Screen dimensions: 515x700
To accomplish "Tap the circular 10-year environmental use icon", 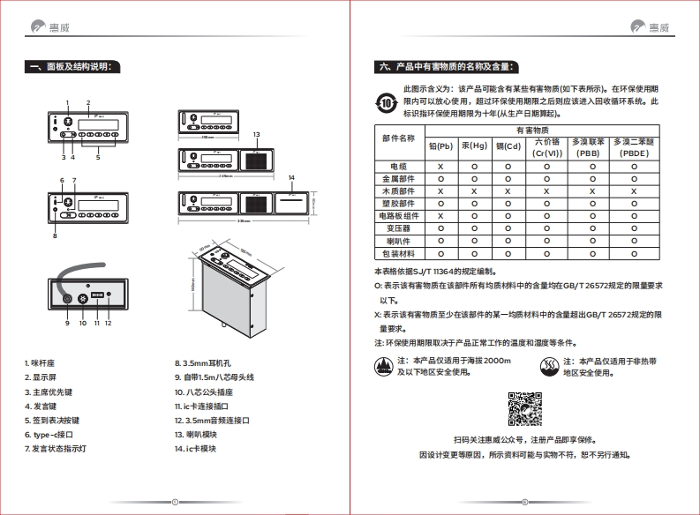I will point(387,102).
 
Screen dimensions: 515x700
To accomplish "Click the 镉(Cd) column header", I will point(508,146).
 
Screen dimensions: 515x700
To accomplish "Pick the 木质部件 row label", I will point(397,190).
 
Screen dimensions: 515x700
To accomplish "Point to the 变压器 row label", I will point(397,228).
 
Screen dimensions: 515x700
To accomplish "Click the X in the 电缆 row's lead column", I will point(440,166).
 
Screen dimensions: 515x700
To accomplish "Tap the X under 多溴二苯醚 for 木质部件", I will point(634,190).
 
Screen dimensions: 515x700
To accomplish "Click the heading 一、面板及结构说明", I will point(77,67).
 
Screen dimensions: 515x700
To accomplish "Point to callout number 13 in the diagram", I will point(256,134).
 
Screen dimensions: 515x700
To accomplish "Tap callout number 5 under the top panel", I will point(98,158).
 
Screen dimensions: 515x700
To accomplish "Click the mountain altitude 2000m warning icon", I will point(382,365).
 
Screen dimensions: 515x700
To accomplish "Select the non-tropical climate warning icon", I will point(549,365).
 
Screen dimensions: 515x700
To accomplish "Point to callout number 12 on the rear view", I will point(109,323).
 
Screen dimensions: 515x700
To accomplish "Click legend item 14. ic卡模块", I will point(195,448).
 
